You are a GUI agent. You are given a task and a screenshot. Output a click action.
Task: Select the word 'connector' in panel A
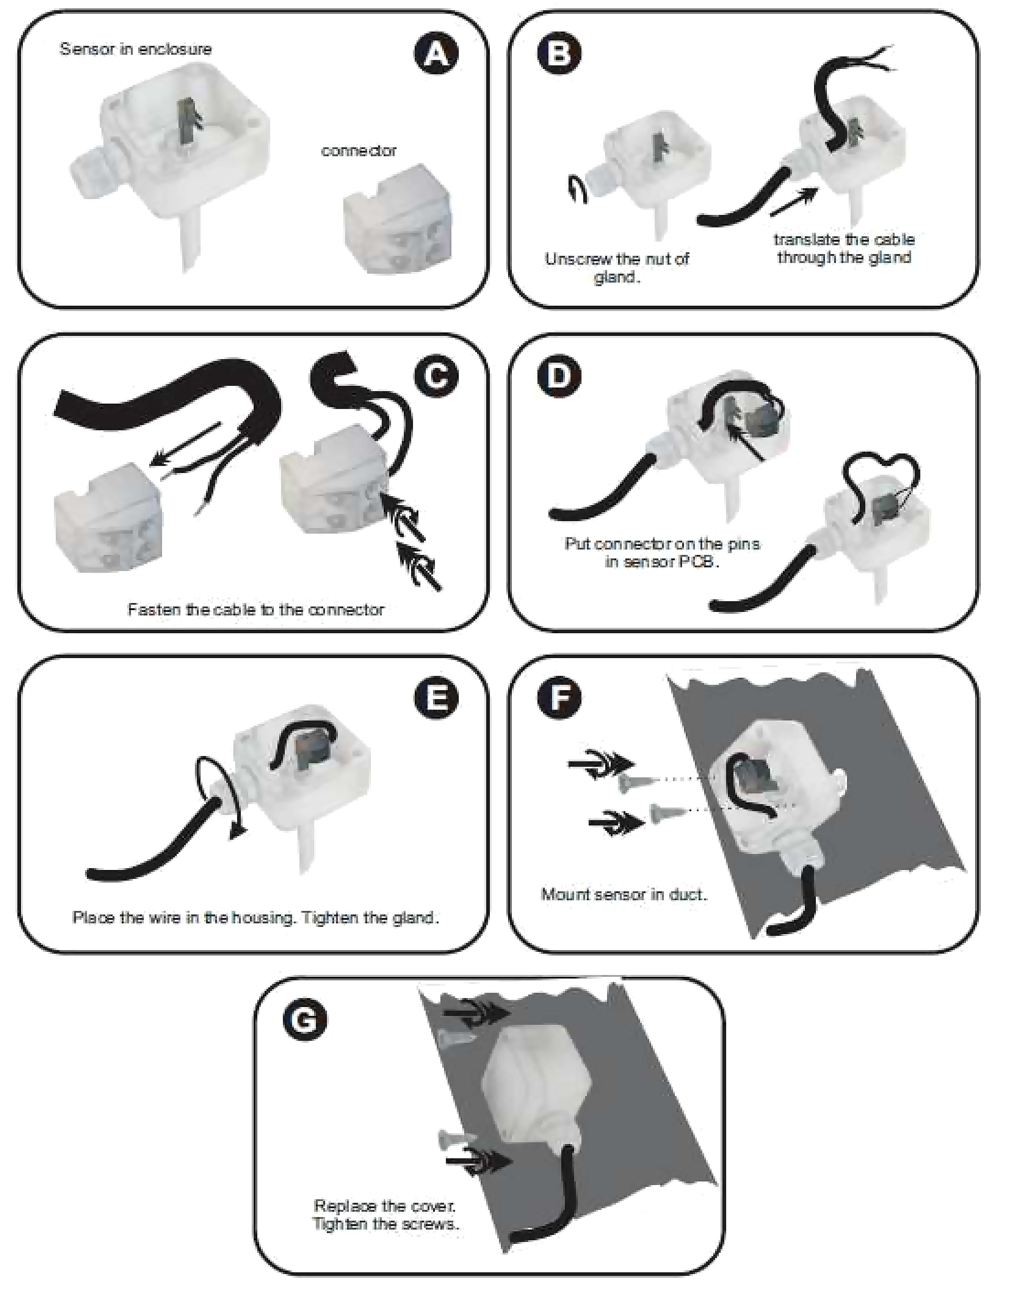(x=359, y=151)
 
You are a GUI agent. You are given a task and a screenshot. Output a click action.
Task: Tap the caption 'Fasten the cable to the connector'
(x=256, y=610)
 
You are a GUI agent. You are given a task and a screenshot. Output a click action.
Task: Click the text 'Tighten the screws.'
(x=386, y=1224)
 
